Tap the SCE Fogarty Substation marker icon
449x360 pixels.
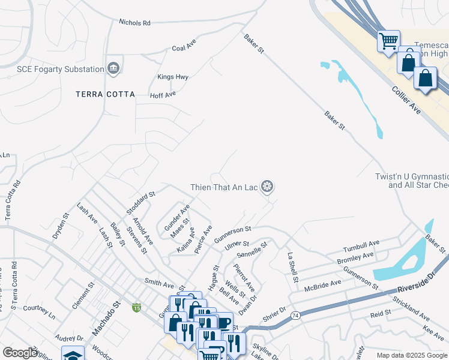pos(113,69)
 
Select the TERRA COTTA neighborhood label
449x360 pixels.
pos(105,94)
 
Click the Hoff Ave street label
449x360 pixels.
pos(163,95)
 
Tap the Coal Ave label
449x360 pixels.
pos(184,47)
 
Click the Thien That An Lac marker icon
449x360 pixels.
pos(267,187)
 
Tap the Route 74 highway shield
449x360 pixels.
pos(295,315)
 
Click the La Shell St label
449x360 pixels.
pos(292,265)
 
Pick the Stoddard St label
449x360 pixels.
pos(141,203)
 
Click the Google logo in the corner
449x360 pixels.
pos(20,353)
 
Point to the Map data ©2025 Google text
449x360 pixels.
pos(411,355)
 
